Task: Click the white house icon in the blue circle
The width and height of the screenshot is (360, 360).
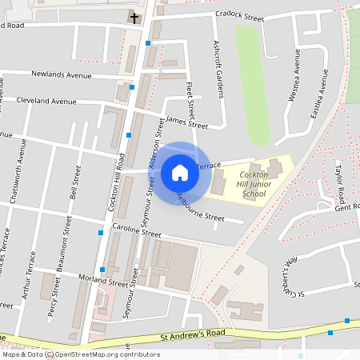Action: click(180, 173)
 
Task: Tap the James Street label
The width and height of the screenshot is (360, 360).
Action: click(186, 122)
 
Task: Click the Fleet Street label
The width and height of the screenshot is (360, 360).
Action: click(190, 99)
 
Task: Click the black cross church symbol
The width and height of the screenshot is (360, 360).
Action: click(134, 17)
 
